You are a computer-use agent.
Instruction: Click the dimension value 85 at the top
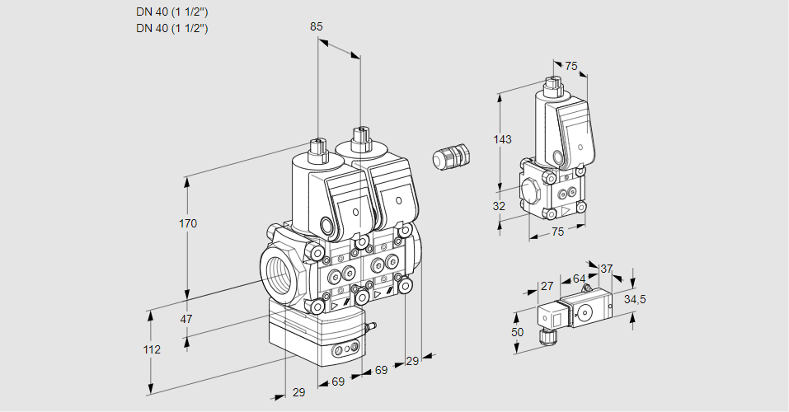coord(316,26)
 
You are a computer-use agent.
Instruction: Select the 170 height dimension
coord(189,223)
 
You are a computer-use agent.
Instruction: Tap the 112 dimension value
coord(151,349)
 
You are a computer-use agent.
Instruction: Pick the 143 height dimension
coord(503,139)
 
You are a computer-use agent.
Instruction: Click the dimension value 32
coord(499,206)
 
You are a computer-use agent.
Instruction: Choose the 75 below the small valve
coord(557,232)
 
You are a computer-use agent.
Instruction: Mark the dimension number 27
coord(546,286)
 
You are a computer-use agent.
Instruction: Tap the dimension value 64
coord(579,279)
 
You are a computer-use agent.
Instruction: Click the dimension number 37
coord(606,269)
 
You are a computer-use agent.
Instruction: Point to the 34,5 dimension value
coord(634,299)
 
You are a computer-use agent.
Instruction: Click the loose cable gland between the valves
coord(451,157)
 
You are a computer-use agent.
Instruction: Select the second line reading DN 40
coord(171,28)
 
